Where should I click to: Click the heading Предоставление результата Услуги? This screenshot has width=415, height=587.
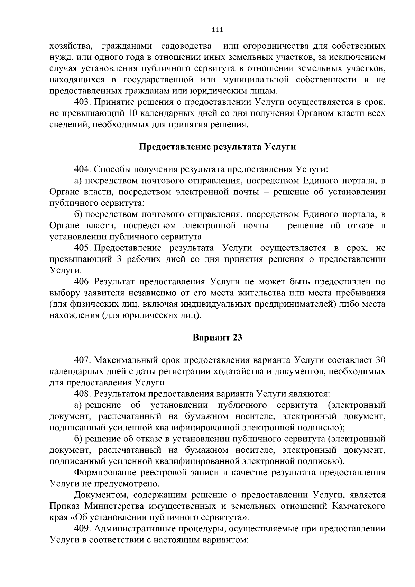[x=217, y=147]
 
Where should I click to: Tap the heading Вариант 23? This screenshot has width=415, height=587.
[x=217, y=337]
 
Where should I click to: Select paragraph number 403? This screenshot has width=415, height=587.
[x=82, y=102]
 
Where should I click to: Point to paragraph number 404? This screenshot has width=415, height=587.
[x=82, y=169]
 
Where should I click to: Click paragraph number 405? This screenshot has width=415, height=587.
[x=82, y=248]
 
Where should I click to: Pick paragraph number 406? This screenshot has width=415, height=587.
[x=82, y=282]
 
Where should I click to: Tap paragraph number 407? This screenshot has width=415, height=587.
[x=82, y=360]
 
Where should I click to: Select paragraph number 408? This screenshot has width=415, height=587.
[x=82, y=394]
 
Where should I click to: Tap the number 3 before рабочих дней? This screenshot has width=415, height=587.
[x=119, y=259]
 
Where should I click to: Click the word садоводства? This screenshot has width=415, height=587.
[x=186, y=46]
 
